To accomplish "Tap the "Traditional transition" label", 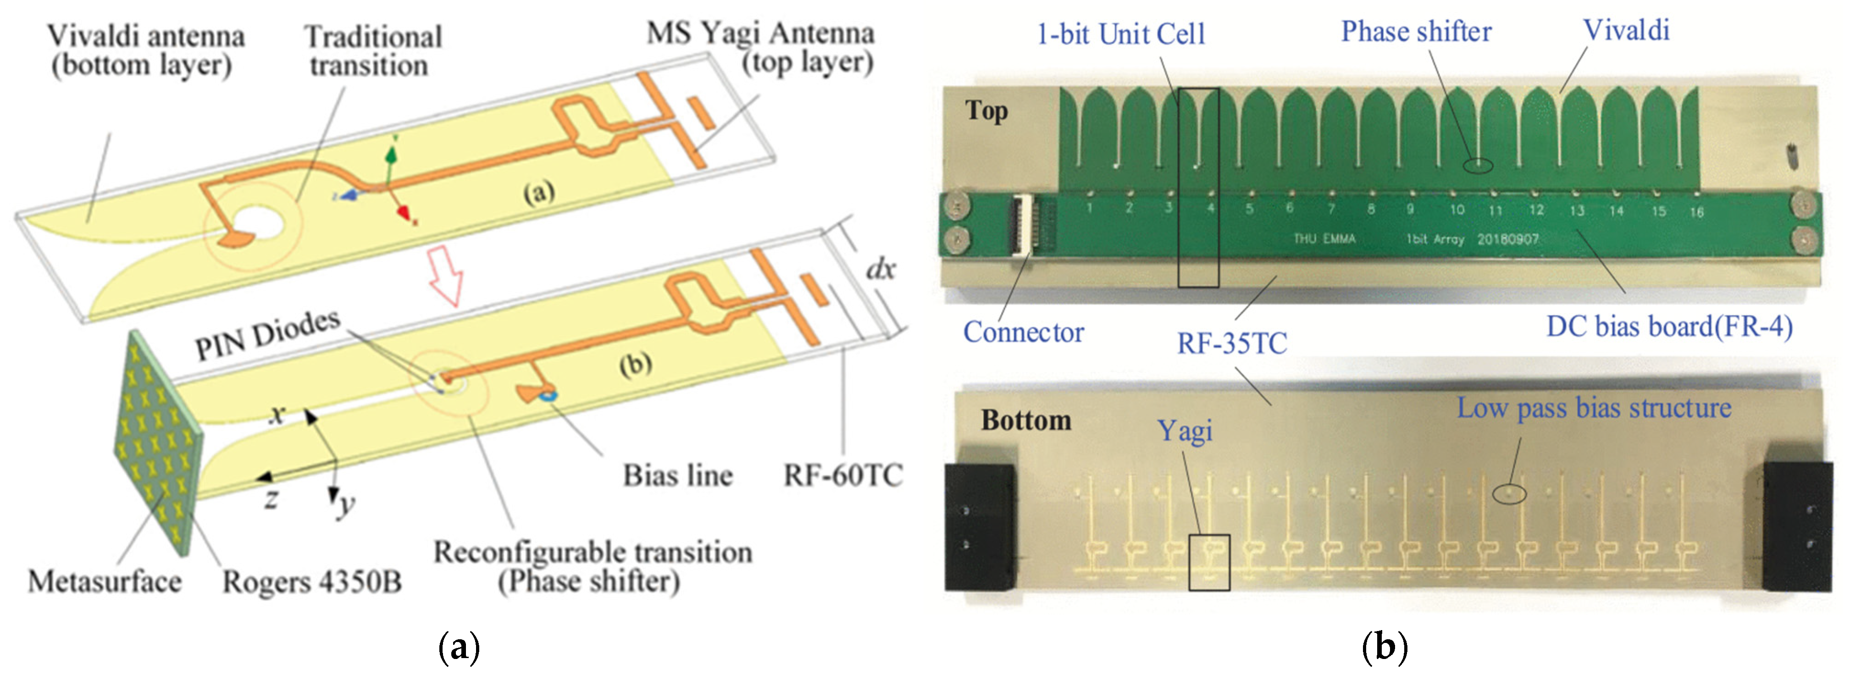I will (371, 51).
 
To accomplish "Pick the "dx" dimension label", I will (881, 269).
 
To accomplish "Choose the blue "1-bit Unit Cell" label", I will (1120, 34).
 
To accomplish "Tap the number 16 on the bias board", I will (1696, 212).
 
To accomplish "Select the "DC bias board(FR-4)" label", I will (1669, 327).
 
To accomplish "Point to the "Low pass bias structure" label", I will (1594, 408).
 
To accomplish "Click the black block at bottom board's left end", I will (980, 526).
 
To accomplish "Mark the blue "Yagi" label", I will (1185, 431).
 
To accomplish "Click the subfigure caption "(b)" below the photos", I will (1384, 647).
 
